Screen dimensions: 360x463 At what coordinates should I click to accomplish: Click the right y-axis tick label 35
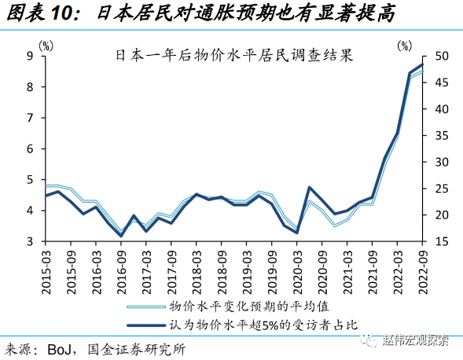(x=441, y=136)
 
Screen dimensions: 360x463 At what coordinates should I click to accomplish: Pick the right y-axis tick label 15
(x=441, y=241)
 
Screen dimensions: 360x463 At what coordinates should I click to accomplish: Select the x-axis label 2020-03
(x=297, y=272)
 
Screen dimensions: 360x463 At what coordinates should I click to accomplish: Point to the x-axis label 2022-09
(x=423, y=272)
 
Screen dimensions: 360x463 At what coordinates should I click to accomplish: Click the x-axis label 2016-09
(x=121, y=272)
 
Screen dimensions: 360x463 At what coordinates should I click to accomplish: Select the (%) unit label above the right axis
(x=405, y=45)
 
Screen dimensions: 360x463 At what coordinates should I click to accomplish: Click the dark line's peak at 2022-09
(x=422, y=64)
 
